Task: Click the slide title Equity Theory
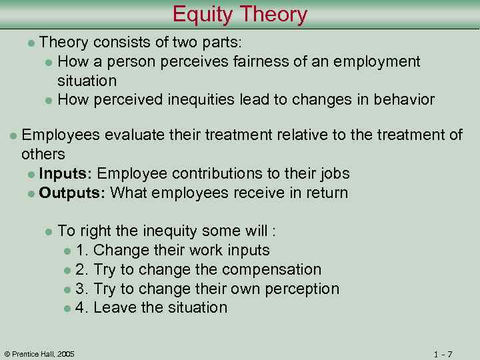coord(240,14)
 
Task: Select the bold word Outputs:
coord(73,193)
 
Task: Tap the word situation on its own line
coord(87,81)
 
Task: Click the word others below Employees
coord(43,155)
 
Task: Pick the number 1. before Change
coord(83,251)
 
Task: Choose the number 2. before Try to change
coord(83,270)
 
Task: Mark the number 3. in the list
coord(83,289)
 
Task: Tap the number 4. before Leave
coord(83,308)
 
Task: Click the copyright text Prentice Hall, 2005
coord(40,353)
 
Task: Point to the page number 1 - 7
coord(442,353)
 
